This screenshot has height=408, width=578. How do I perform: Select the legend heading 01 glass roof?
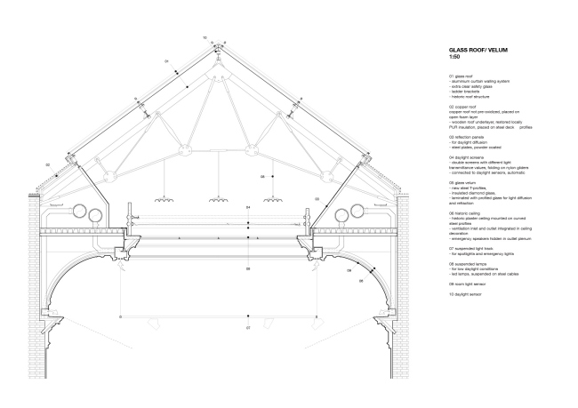[x=463, y=76]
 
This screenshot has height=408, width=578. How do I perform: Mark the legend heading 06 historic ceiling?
[x=467, y=212]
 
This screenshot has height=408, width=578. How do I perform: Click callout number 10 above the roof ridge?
[x=204, y=37]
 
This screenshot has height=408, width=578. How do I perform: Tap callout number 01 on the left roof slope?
[x=166, y=60]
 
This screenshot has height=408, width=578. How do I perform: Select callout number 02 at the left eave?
[x=46, y=164]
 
